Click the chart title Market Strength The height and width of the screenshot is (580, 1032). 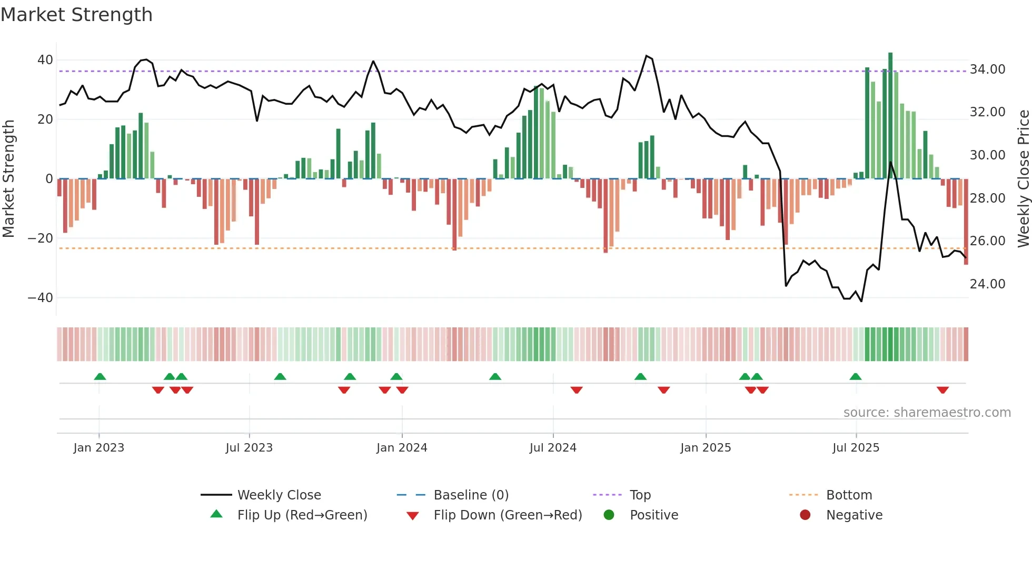pos(77,15)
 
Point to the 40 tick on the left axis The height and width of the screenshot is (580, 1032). pos(45,60)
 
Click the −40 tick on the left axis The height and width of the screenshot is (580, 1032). pos(41,298)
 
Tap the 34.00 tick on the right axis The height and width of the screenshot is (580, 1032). pos(987,69)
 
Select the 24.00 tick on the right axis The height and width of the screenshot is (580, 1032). pos(987,284)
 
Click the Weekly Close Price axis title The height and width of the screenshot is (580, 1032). pos(1023,179)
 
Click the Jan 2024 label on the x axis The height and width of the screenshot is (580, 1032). pos(402,448)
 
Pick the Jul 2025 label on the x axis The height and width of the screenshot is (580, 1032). pos(856,448)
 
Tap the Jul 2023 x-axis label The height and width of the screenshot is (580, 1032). pos(249,448)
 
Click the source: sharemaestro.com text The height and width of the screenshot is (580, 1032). pos(927,413)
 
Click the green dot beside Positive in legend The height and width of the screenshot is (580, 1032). pos(609,515)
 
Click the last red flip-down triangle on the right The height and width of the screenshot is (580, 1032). pos(942,390)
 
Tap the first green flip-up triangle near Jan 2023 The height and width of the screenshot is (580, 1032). pos(100,376)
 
